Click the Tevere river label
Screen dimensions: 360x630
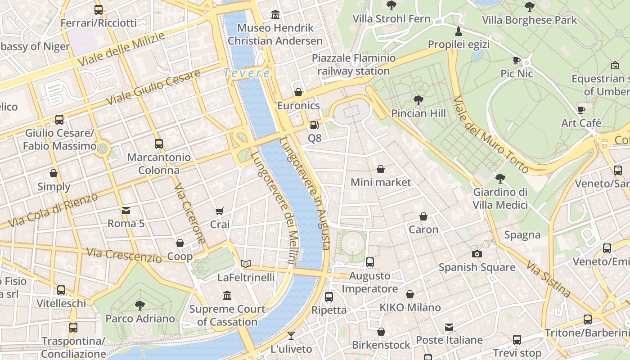point(247,73)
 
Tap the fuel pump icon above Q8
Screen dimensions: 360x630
point(315,125)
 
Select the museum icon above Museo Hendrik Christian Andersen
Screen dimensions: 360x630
point(275,15)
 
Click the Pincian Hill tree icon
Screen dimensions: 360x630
point(418,100)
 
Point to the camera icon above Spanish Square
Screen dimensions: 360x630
point(477,254)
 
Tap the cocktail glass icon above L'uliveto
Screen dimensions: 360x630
point(291,336)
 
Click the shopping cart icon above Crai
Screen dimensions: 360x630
point(220,211)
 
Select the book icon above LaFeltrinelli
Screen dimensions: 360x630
point(246,264)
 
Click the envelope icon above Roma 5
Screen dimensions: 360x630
point(126,210)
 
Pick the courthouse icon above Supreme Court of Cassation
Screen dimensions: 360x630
point(227,296)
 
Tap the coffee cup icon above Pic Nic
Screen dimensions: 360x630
point(517,60)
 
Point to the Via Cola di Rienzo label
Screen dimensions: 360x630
point(53,211)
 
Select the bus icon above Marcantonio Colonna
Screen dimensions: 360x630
point(159,144)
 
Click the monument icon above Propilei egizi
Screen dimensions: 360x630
point(459,31)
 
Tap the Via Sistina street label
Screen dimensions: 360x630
point(548,279)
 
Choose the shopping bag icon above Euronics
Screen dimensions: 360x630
point(298,93)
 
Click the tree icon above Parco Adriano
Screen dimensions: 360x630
point(140,305)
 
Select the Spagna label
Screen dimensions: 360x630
point(522,235)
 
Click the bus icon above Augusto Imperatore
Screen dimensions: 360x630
point(370,262)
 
